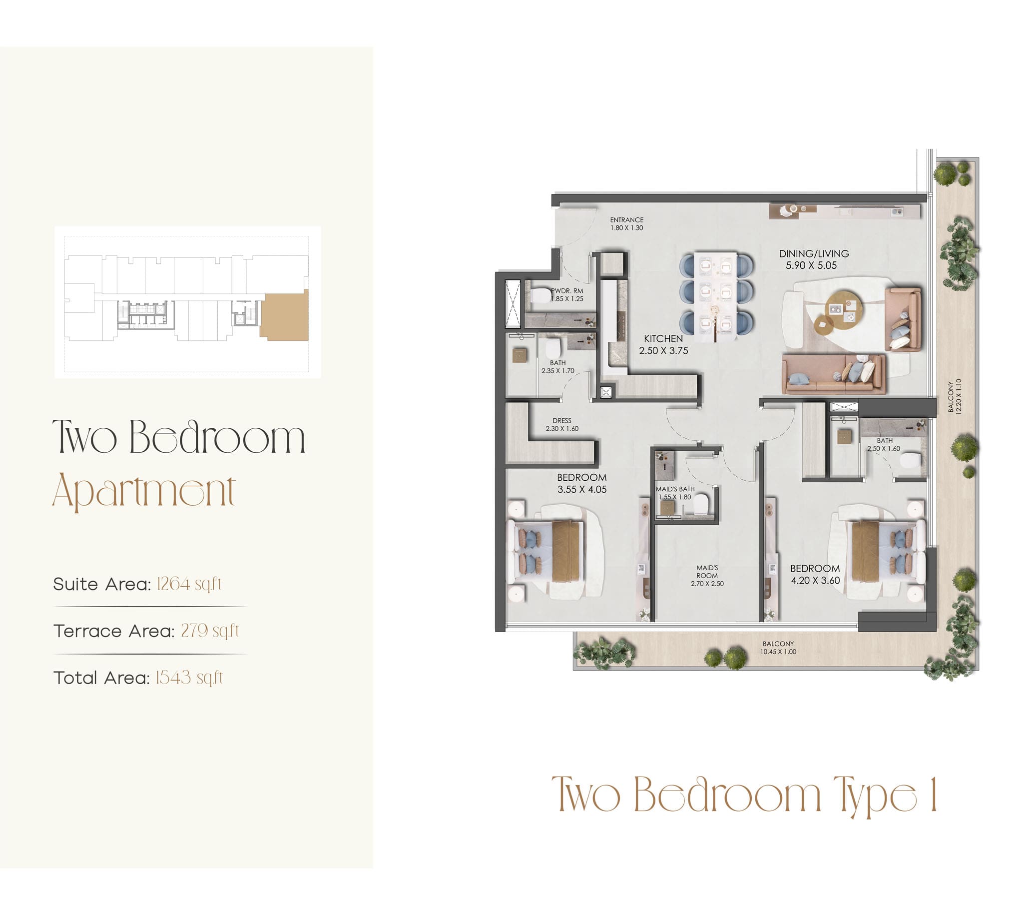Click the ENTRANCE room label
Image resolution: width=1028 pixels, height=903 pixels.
[626, 220]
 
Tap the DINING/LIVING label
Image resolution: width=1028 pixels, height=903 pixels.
[814, 254]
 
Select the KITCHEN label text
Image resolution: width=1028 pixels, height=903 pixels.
[663, 339]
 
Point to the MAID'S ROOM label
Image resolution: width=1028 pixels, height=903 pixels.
[707, 572]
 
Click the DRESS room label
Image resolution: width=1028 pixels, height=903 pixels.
[562, 421]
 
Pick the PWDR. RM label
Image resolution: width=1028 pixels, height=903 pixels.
[567, 291]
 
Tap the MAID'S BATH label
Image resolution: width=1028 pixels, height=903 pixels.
[675, 489]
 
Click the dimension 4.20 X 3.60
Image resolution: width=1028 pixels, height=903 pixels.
[815, 580]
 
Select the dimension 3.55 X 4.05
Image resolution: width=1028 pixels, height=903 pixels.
[582, 489]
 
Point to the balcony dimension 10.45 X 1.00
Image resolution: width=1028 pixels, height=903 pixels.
[778, 652]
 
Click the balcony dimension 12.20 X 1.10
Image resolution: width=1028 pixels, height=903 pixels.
[958, 396]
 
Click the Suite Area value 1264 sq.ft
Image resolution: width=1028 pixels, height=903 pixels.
[189, 584]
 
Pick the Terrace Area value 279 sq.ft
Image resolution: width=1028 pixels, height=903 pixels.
[210, 631]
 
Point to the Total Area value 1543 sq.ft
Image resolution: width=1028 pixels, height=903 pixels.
[189, 678]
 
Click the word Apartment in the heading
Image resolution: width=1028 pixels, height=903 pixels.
[144, 491]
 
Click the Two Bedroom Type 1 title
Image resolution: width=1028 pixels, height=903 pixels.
[744, 796]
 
